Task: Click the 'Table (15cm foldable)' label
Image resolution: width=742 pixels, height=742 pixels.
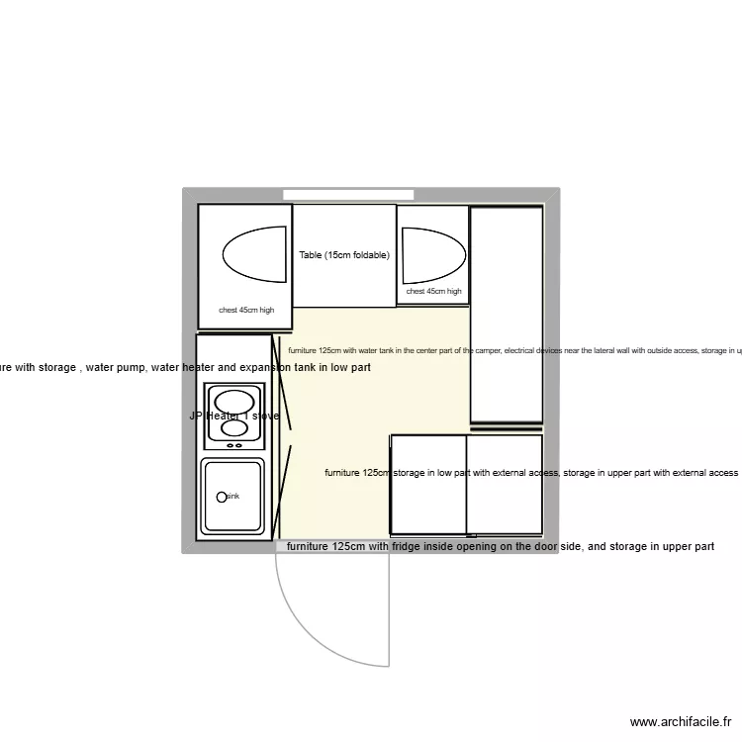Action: click(x=344, y=255)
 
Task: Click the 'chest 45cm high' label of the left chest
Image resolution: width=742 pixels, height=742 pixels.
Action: click(x=245, y=310)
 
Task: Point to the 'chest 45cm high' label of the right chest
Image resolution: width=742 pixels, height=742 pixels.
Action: click(x=433, y=292)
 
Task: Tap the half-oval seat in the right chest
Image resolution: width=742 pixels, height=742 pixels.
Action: click(x=434, y=254)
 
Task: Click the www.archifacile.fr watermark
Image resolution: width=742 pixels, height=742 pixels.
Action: click(x=685, y=723)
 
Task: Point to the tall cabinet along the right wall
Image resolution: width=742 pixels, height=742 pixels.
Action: click(x=506, y=315)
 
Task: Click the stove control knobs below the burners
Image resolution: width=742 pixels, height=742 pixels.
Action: click(x=234, y=446)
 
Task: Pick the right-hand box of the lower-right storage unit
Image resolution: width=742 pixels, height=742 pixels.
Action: click(x=505, y=484)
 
